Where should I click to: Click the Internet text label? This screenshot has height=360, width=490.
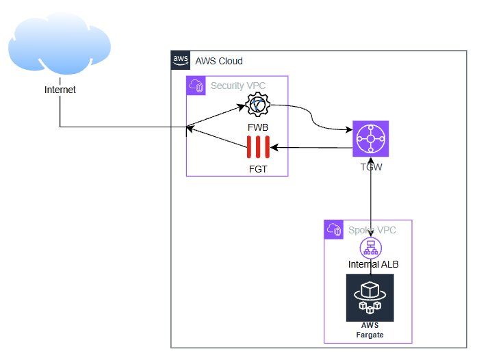tap(60, 90)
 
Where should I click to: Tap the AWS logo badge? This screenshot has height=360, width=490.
tap(181, 60)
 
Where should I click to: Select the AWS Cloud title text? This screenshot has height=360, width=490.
tap(219, 61)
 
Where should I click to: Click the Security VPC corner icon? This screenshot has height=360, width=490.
tap(196, 86)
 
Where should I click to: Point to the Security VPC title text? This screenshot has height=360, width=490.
tap(238, 86)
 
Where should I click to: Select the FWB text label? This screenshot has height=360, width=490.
tap(258, 128)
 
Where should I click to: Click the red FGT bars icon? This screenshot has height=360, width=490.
tap(258, 148)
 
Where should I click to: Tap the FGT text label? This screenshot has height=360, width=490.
tap(258, 168)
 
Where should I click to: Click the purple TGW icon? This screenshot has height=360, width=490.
tap(370, 139)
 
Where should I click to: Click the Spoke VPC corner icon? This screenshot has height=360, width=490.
tap(334, 229)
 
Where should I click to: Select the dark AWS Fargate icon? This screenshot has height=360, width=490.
tap(370, 297)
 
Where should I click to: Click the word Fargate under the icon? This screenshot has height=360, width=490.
tap(370, 335)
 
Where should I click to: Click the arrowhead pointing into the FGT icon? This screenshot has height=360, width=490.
tap(272, 147)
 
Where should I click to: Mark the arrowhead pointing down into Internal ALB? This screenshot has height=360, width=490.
tap(370, 235)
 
